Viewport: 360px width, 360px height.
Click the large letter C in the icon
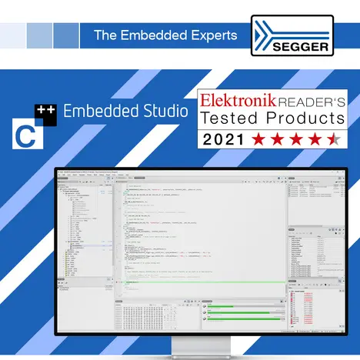tap(25, 135)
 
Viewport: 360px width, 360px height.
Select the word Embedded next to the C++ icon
tap(96, 111)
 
